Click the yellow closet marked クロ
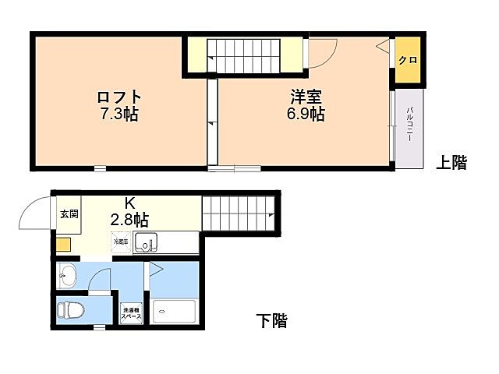click(x=407, y=60)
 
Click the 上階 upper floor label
click(x=451, y=163)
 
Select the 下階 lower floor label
click(x=271, y=320)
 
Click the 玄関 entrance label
click(x=69, y=214)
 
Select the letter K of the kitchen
click(x=130, y=203)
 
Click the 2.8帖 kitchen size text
click(x=130, y=220)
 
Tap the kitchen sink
click(x=146, y=243)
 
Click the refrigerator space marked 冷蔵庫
click(x=121, y=242)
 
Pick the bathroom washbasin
click(x=67, y=275)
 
